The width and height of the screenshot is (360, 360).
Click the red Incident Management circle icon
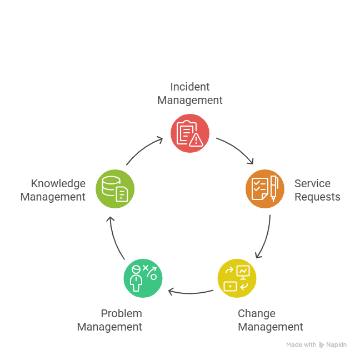click(x=190, y=133)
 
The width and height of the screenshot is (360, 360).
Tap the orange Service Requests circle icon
click(x=264, y=189)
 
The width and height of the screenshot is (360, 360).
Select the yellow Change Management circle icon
click(x=237, y=278)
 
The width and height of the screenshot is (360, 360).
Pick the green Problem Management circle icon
click(x=143, y=278)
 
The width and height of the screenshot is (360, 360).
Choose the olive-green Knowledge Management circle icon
click(x=115, y=189)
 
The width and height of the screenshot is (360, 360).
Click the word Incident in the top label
click(x=190, y=87)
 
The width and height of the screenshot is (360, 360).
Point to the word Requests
click(x=317, y=197)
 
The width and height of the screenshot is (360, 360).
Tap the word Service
click(x=312, y=183)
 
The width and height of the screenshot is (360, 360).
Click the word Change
click(x=256, y=313)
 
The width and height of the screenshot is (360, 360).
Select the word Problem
click(x=121, y=313)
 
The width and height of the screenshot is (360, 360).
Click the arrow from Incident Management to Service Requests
click(x=237, y=149)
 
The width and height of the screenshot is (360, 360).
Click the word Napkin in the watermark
click(x=337, y=345)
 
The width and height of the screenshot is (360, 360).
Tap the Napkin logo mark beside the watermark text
click(x=322, y=345)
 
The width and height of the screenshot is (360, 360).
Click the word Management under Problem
click(x=109, y=327)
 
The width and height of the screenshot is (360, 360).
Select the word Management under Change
click(x=271, y=327)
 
